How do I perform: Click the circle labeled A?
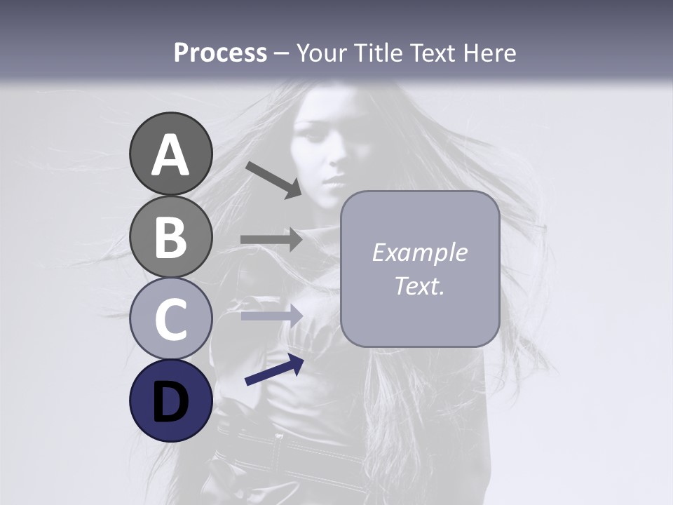point(170,154)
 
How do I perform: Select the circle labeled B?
point(170,236)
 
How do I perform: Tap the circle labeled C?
point(170,319)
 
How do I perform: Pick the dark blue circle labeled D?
point(170,401)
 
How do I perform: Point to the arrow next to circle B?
point(271,239)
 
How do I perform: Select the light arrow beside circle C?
point(271,316)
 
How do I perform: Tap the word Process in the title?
point(220,53)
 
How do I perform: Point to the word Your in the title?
point(322,53)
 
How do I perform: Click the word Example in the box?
point(419,252)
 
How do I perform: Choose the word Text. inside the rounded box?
point(419,286)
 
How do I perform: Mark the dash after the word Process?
point(282,54)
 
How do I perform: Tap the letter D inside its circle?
point(170,402)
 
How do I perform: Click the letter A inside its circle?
point(170,155)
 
